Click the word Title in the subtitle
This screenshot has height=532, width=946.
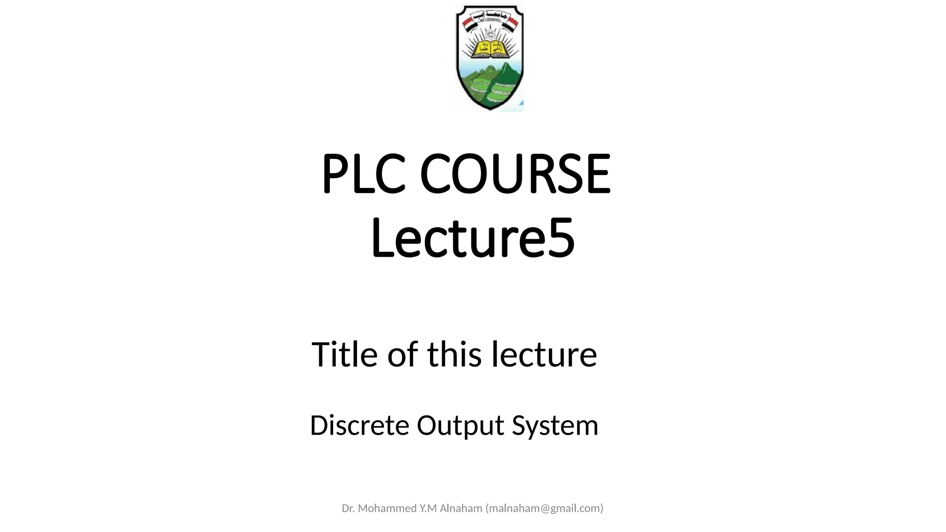click(x=345, y=354)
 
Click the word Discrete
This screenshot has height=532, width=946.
click(x=359, y=425)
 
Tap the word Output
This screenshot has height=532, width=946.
click(x=460, y=425)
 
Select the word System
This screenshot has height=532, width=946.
click(x=555, y=425)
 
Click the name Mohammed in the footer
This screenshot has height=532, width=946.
click(x=387, y=508)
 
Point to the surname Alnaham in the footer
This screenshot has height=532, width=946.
click(x=461, y=508)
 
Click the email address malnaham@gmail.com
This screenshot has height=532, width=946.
click(x=544, y=508)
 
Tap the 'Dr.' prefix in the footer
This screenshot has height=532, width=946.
click(x=348, y=508)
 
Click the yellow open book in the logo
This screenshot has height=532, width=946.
click(x=490, y=47)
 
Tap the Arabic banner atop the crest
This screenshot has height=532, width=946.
click(x=489, y=12)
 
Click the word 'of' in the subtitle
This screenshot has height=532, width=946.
click(x=402, y=354)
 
